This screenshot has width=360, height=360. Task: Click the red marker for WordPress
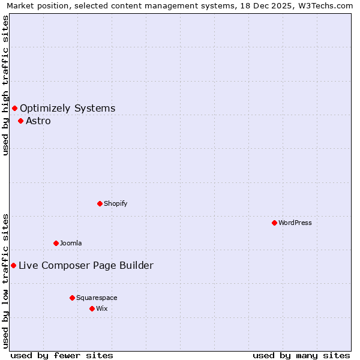[274, 223]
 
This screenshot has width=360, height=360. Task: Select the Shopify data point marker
[100, 203]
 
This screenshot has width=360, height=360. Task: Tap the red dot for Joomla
[56, 243]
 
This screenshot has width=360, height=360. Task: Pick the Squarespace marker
[72, 298]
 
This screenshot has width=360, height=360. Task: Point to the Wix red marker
[92, 308]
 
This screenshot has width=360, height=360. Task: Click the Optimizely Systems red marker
[14, 108]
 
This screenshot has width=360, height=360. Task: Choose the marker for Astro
[20, 121]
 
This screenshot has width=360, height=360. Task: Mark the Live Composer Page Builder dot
[13, 265]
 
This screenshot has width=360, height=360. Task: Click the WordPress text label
[295, 223]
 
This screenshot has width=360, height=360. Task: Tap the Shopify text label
[116, 203]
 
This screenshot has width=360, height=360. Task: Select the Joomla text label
[71, 243]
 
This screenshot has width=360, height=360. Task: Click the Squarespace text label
[97, 298]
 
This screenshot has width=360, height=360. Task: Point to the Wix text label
[101, 308]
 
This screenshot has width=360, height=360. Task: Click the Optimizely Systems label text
[68, 108]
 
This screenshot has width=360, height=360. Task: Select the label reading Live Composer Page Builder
[86, 265]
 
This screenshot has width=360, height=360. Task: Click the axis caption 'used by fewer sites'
[61, 355]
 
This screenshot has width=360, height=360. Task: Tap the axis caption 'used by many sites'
[301, 355]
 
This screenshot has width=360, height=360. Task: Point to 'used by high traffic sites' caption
[5, 85]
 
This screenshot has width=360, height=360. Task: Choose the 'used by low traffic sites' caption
[5, 280]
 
